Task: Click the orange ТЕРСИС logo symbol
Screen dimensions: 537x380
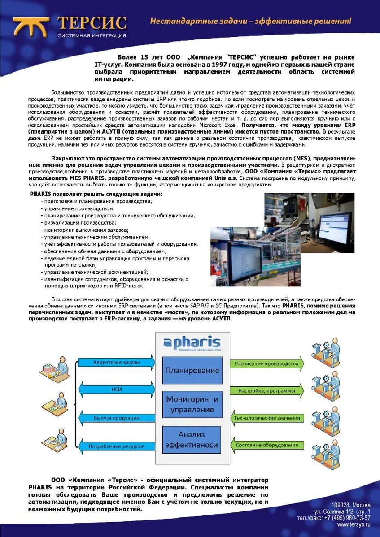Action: pos(31,26)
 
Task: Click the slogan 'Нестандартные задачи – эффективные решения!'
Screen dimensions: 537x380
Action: pos(250,21)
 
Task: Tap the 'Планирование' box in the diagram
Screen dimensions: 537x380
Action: pos(192,370)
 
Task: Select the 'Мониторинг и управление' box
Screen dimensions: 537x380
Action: pos(192,404)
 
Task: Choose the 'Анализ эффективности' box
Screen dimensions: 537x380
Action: pos(192,440)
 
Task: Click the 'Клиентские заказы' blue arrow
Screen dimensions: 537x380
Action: pos(116,362)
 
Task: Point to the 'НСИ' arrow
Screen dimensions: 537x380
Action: pos(116,390)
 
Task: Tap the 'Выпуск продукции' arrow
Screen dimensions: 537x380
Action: pos(116,418)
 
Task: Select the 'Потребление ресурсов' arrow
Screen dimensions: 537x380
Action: pos(116,446)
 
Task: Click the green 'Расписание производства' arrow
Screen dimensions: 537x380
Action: pos(266,364)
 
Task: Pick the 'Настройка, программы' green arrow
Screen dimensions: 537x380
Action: pos(266,391)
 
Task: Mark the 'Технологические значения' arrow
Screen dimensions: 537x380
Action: pos(266,418)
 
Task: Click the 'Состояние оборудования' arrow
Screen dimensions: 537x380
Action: pos(266,445)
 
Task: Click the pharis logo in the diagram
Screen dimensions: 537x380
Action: pos(192,343)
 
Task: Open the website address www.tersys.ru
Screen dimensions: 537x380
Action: pos(354,524)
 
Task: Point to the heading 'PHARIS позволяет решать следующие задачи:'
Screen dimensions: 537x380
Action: pos(96,194)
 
